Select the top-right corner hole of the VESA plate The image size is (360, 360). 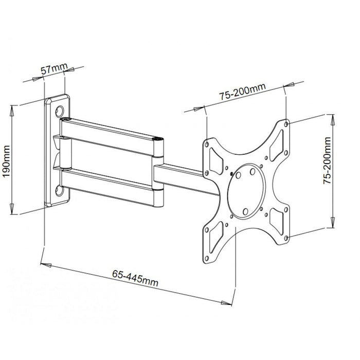pyautogui.click(x=286, y=123)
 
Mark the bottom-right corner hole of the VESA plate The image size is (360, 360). pyautogui.click(x=289, y=236)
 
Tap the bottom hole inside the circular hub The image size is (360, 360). pyautogui.click(x=245, y=209)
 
